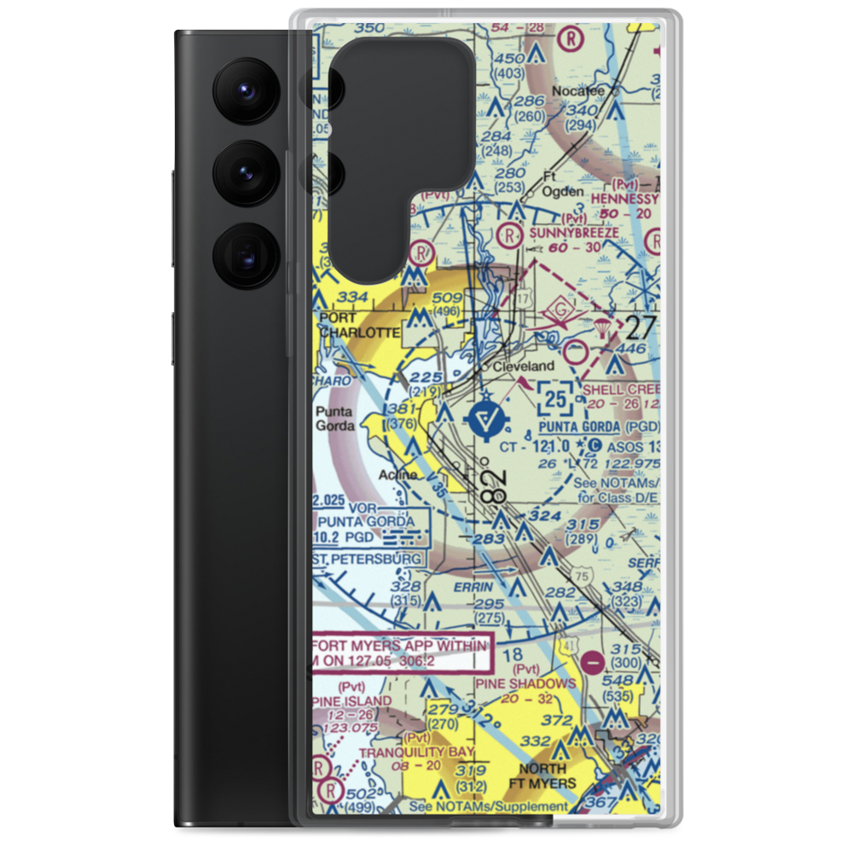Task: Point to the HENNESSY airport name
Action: coord(627,198)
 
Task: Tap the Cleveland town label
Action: coord(525,366)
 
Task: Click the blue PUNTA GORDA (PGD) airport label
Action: coord(600,426)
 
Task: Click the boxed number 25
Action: coord(556,397)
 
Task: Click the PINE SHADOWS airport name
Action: coord(525,683)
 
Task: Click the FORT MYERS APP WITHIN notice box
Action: coord(402,655)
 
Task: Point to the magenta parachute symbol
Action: coord(603,329)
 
